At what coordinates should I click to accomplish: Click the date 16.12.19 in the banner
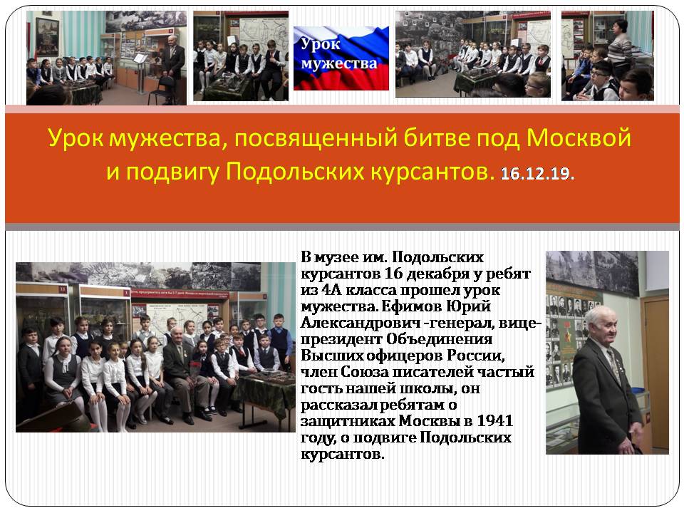pyautogui.click(x=537, y=174)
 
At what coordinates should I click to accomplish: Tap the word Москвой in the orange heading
pyautogui.click(x=579, y=138)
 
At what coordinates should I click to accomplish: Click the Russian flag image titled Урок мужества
pyautogui.click(x=341, y=58)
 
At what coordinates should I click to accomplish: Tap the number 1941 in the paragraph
pyautogui.click(x=494, y=420)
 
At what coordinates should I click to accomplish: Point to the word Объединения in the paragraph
pyautogui.click(x=440, y=340)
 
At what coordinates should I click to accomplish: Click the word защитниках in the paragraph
pyautogui.click(x=348, y=421)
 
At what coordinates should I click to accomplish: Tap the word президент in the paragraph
pyautogui.click(x=341, y=340)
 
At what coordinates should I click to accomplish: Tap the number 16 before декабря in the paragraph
pyautogui.click(x=393, y=274)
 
